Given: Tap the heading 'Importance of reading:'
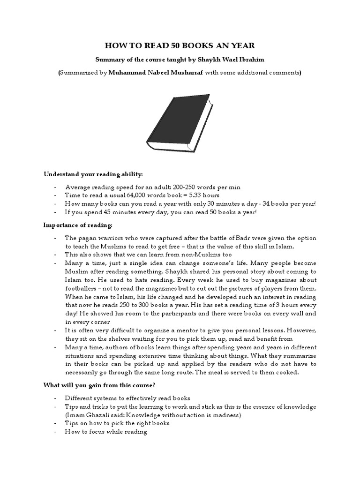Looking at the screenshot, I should click(x=78, y=225).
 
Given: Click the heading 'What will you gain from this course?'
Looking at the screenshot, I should click(x=100, y=385).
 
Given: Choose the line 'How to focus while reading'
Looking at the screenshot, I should click(x=106, y=432).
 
